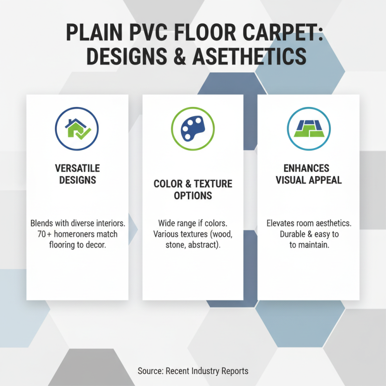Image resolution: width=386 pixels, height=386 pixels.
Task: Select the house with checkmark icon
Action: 77,128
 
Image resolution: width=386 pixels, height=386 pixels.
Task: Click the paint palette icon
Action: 193,128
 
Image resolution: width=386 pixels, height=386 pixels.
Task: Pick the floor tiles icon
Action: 308,128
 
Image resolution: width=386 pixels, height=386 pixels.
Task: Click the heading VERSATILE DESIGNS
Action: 77,174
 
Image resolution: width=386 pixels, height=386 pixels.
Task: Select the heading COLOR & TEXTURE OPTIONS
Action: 193,190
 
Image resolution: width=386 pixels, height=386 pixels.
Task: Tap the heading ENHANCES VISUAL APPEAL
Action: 308,174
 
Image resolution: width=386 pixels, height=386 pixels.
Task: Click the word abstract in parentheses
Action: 202,246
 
